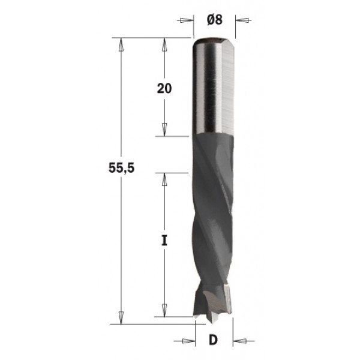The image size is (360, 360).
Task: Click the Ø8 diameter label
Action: pyautogui.click(x=214, y=19)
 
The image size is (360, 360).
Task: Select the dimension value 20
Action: pyautogui.click(x=164, y=89)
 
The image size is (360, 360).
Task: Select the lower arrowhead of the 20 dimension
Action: pyautogui.click(x=164, y=130)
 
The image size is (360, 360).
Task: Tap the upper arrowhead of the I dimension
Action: pyautogui.click(x=164, y=178)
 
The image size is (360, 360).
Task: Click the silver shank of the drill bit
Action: pyautogui.click(x=213, y=90)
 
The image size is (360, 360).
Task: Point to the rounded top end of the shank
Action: pyautogui.click(x=214, y=41)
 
